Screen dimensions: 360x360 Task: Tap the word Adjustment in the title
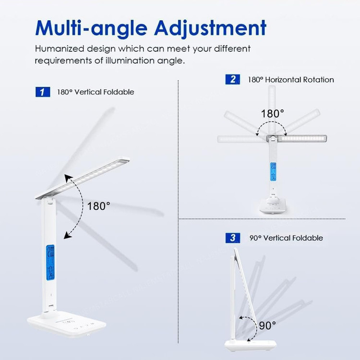[x=210, y=28]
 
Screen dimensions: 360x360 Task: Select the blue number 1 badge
[x=43, y=92]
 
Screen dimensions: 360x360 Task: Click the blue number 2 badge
[x=233, y=79]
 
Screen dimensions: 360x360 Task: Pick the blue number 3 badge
[x=233, y=238]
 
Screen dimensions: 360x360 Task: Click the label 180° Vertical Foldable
[x=96, y=92]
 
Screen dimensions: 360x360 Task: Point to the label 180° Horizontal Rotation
[x=291, y=80]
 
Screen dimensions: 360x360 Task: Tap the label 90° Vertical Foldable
[x=286, y=238]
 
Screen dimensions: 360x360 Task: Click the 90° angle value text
[x=267, y=325]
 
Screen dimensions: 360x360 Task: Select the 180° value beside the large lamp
[x=99, y=206]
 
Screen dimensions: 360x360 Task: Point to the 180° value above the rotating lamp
[x=273, y=113]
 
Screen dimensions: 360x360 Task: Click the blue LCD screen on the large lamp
[x=50, y=263]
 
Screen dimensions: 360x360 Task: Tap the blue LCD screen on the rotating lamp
[x=273, y=171]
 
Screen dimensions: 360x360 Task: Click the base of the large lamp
[x=67, y=323]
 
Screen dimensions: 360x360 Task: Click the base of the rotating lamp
[x=273, y=205]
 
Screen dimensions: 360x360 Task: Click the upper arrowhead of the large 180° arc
[x=68, y=178]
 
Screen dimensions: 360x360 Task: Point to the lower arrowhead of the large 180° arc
[x=67, y=235]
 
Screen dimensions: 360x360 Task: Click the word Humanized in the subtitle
[x=60, y=48]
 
